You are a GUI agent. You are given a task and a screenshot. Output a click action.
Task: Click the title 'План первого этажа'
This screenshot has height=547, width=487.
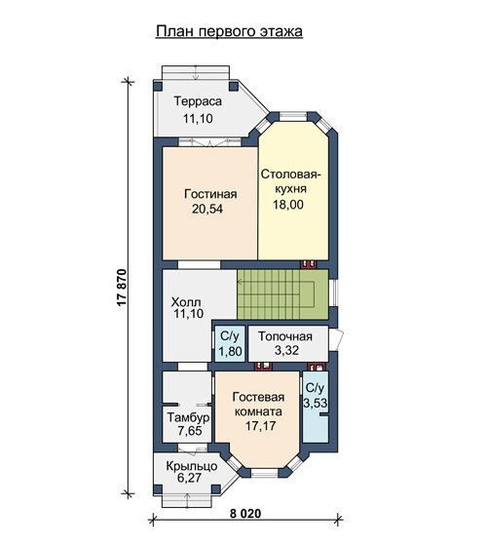tap(229, 31)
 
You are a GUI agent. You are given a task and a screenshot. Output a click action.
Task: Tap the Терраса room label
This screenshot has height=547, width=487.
tap(198, 101)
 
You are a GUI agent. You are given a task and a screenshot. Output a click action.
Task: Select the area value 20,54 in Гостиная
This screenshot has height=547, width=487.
tap(207, 209)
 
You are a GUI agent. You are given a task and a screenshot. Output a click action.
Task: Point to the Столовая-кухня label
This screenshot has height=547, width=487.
tap(290, 181)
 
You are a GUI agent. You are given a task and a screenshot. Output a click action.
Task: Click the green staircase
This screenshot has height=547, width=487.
tap(282, 294)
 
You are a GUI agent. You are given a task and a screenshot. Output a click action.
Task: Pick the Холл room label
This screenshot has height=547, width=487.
tap(186, 301)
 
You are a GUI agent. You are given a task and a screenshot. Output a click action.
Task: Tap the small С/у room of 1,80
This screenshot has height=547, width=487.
tap(230, 343)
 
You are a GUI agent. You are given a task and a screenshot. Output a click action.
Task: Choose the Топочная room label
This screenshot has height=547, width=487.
tap(285, 336)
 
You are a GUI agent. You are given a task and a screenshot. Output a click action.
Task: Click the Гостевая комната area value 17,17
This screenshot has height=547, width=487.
tap(261, 426)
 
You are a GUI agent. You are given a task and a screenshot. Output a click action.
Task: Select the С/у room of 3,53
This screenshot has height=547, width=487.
tap(316, 407)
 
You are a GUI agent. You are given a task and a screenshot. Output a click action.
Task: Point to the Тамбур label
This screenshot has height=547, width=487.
tap(188, 417)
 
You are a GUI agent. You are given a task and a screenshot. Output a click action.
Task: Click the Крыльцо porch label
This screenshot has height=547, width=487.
tap(192, 466)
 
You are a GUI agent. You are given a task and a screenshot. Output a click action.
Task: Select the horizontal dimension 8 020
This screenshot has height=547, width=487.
tap(245, 514)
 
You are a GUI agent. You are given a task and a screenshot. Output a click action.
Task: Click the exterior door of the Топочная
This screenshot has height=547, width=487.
tap(336, 338)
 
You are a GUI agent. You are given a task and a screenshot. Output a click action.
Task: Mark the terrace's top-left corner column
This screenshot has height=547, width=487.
tap(158, 86)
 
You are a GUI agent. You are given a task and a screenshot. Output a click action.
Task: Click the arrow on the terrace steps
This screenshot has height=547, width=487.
tap(196, 71)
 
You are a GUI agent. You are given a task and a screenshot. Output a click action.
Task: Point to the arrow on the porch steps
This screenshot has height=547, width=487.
tap(187, 501)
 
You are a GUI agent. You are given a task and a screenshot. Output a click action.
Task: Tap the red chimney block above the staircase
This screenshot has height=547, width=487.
tap(309, 264)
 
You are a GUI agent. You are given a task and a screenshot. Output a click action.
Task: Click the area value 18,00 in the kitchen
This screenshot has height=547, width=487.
tap(288, 205)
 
